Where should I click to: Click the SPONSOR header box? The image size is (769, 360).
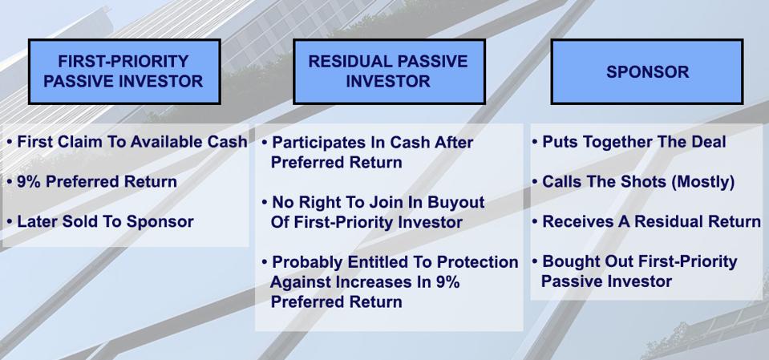pos(647,71)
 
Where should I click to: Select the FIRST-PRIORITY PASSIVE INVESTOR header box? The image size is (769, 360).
pos(124,71)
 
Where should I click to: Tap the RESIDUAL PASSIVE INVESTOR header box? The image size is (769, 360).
pos(389,71)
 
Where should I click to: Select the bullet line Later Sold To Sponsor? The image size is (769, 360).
pos(100,221)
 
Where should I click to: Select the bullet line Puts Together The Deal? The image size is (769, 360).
pos(629,142)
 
